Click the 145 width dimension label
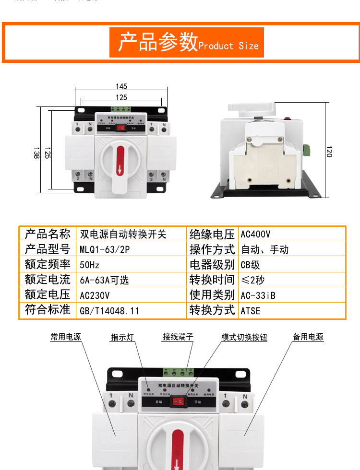(121, 86)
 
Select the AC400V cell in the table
(255, 235)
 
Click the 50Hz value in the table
(90, 265)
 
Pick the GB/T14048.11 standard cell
(109, 310)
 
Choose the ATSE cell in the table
(251, 310)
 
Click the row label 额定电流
(48, 280)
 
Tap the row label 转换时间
(212, 280)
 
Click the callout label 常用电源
(66, 337)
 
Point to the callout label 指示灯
(122, 337)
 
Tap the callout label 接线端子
(178, 337)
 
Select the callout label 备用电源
(308, 337)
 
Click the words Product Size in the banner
(228, 46)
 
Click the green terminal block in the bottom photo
(178, 372)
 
